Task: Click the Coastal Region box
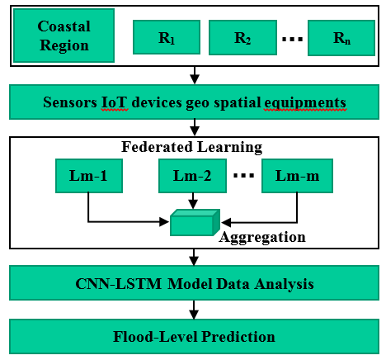tap(64, 36)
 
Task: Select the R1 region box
tap(167, 37)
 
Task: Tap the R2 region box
tap(242, 37)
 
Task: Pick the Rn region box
tap(341, 38)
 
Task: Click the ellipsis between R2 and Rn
tap(293, 39)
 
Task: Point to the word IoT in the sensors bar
tap(115, 102)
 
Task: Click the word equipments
tap(305, 103)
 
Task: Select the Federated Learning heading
tap(192, 147)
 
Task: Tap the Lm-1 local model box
tap(89, 176)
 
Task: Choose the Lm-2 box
tap(192, 176)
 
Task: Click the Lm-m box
tap(297, 176)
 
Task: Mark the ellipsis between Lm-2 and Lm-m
tap(244, 175)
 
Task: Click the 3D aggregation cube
tap(195, 223)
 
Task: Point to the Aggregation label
tap(262, 237)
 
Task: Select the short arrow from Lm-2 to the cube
tap(193, 201)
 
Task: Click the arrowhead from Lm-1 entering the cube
tap(164, 221)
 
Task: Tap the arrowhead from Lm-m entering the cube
tap(226, 222)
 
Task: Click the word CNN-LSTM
tap(119, 284)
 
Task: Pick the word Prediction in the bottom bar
tap(238, 337)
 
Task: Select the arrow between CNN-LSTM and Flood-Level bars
tap(194, 310)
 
